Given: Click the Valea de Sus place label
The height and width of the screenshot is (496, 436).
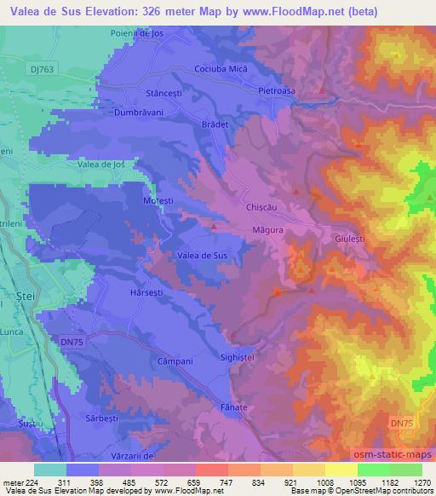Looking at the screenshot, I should pos(202,255).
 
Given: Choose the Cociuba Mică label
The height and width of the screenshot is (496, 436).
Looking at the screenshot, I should pos(220,67).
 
